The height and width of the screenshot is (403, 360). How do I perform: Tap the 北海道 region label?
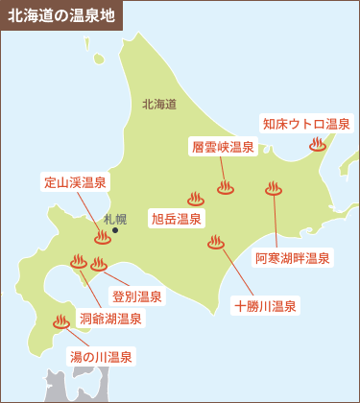click(158, 104)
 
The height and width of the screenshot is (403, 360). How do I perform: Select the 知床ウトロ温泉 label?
click(307, 124)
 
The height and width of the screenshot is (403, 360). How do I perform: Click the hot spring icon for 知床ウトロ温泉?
click(318, 145)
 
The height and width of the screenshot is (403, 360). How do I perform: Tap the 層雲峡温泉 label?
click(223, 147)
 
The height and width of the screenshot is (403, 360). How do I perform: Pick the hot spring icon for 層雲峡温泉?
click(226, 188)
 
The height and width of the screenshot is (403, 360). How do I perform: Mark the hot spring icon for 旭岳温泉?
click(196, 200)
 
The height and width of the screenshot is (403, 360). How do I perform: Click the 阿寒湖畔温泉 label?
click(293, 258)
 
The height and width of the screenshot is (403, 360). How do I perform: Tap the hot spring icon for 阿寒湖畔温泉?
click(275, 189)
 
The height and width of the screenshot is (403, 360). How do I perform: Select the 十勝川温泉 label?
click(265, 307)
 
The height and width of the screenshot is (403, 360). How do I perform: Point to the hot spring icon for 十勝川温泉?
click(216, 243)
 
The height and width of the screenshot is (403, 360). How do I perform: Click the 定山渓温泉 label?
click(75, 182)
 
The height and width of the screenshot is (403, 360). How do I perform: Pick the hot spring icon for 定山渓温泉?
click(103, 237)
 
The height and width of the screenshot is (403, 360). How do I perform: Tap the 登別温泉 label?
click(136, 296)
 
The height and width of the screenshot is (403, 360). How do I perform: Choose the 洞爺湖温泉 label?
click(111, 319)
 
